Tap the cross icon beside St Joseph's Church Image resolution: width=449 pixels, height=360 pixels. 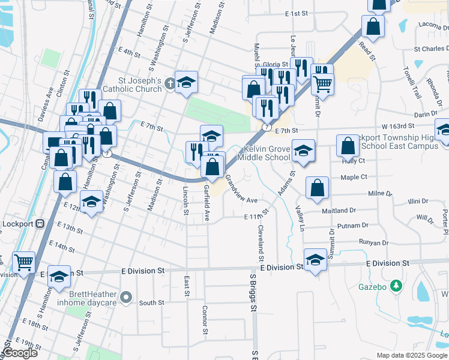click(x=171, y=83)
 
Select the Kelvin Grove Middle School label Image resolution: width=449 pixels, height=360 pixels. click(x=264, y=154)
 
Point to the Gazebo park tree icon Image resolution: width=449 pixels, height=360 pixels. click(x=396, y=286)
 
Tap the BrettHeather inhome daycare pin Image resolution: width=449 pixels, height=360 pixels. click(x=125, y=296)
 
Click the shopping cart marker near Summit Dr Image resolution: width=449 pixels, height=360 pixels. click(x=322, y=83)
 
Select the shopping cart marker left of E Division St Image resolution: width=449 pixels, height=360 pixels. click(x=23, y=262)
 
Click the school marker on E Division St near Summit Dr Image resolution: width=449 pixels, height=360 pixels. click(x=315, y=259)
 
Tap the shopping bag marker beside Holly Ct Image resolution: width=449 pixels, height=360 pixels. click(x=348, y=145)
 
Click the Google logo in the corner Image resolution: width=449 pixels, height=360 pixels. click(x=20, y=353)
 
